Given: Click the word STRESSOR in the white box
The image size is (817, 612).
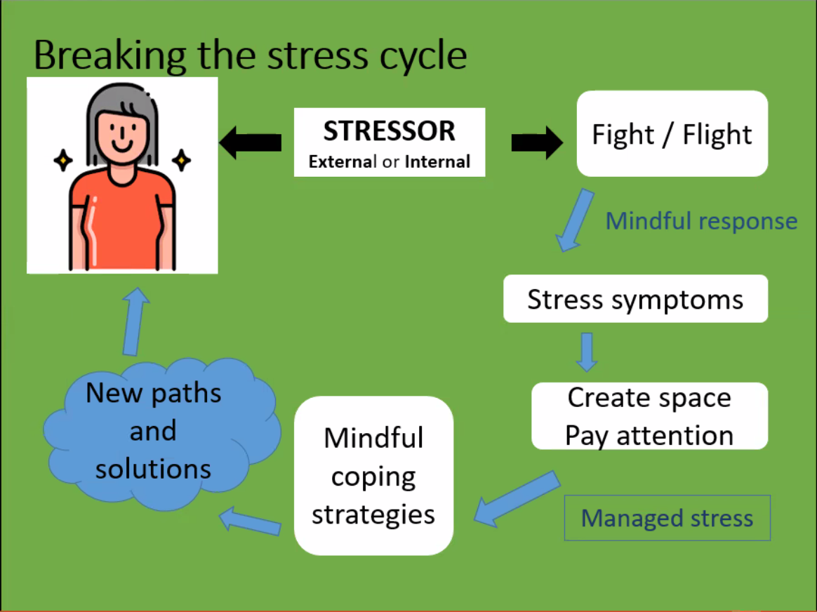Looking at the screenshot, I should click(x=389, y=131).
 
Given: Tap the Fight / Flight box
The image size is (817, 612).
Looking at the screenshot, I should click(x=672, y=133).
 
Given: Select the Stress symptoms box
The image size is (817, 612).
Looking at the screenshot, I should click(x=635, y=299).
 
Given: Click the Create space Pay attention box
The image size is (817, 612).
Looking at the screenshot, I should click(x=649, y=416).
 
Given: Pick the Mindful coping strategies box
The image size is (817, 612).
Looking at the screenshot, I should click(x=373, y=476).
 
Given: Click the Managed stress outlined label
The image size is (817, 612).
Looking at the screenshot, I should click(x=667, y=518).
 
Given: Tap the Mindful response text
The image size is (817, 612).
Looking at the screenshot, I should click(x=701, y=221).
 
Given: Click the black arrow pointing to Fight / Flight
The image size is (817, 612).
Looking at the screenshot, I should click(x=536, y=143).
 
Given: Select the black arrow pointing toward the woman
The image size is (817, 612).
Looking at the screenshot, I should click(x=251, y=143).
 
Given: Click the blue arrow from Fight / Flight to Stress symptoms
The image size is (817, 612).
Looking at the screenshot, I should click(x=575, y=220).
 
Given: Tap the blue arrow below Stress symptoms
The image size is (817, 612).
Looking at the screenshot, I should click(x=586, y=352).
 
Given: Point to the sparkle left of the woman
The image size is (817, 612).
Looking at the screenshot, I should click(x=63, y=161).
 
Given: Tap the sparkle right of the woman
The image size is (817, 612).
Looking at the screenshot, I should click(x=181, y=161).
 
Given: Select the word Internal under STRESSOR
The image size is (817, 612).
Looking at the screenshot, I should click(x=437, y=162).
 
